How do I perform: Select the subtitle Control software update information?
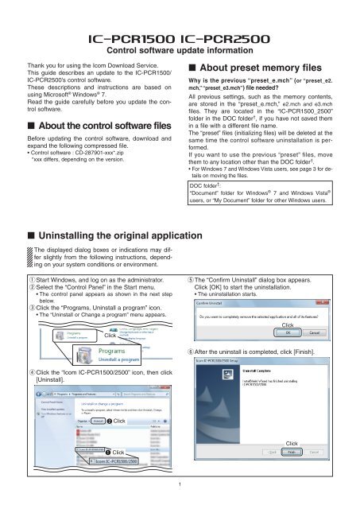click(180, 53)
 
